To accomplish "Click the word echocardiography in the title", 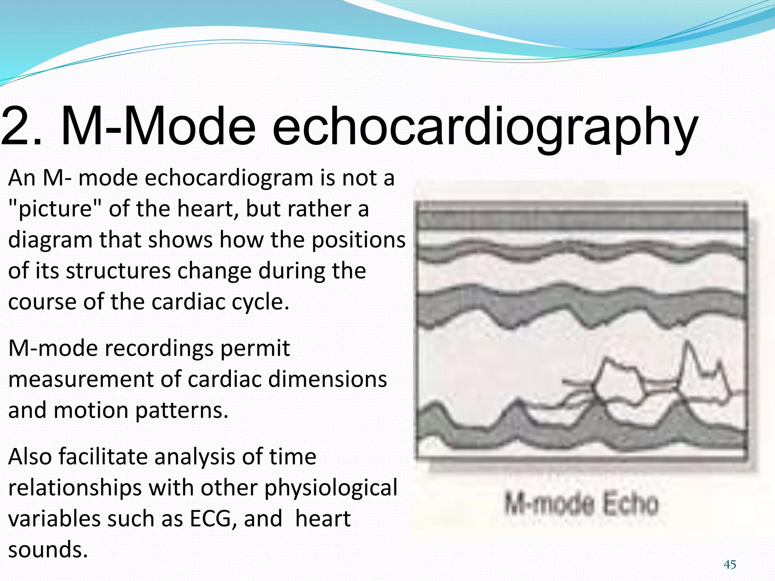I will click(x=484, y=127).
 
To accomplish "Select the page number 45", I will click(x=730, y=565).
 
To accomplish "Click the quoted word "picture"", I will click(x=55, y=209).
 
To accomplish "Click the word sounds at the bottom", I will click(x=48, y=550).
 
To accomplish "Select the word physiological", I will click(x=331, y=488).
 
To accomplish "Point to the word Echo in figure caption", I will click(x=630, y=504).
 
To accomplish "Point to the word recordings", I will click(x=159, y=348).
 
